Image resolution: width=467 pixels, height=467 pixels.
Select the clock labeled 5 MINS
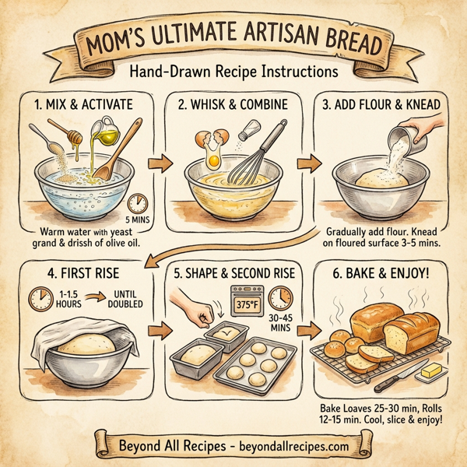coord(138,202)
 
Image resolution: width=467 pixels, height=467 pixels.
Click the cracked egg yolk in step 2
coord(212,160)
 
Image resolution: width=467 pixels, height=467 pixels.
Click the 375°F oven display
coord(248,299)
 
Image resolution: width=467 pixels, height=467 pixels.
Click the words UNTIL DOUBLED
coord(124,298)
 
